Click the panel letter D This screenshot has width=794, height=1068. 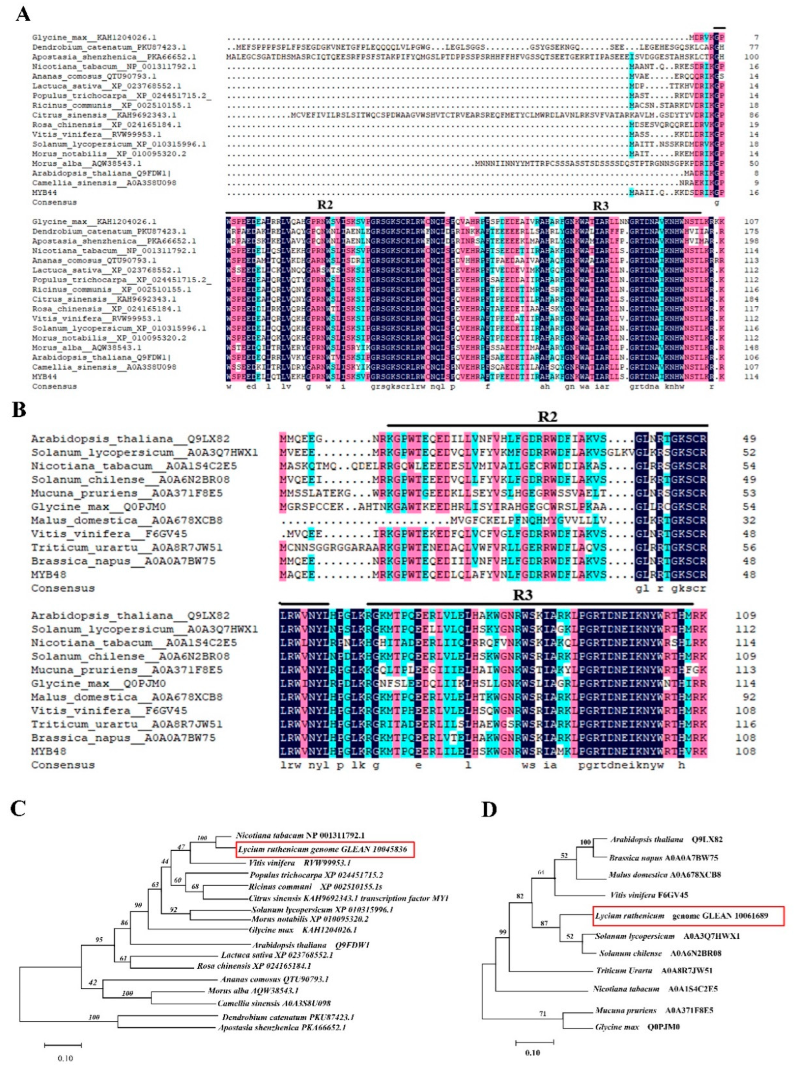(489, 809)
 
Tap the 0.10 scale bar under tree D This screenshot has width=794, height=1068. (535, 1039)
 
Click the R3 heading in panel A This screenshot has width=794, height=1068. (600, 206)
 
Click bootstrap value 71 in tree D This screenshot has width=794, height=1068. (542, 1014)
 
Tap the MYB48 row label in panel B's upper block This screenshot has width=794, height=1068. (49, 575)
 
